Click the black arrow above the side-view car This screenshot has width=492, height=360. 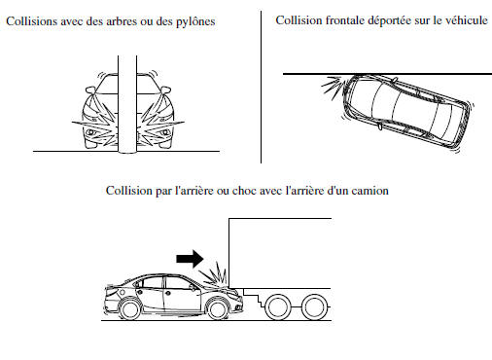(x=191, y=259)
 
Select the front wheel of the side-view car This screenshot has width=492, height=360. (x=213, y=308)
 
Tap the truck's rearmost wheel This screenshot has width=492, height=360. (x=311, y=307)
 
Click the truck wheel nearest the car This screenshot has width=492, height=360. (x=277, y=307)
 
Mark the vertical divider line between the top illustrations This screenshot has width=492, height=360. (x=262, y=88)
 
